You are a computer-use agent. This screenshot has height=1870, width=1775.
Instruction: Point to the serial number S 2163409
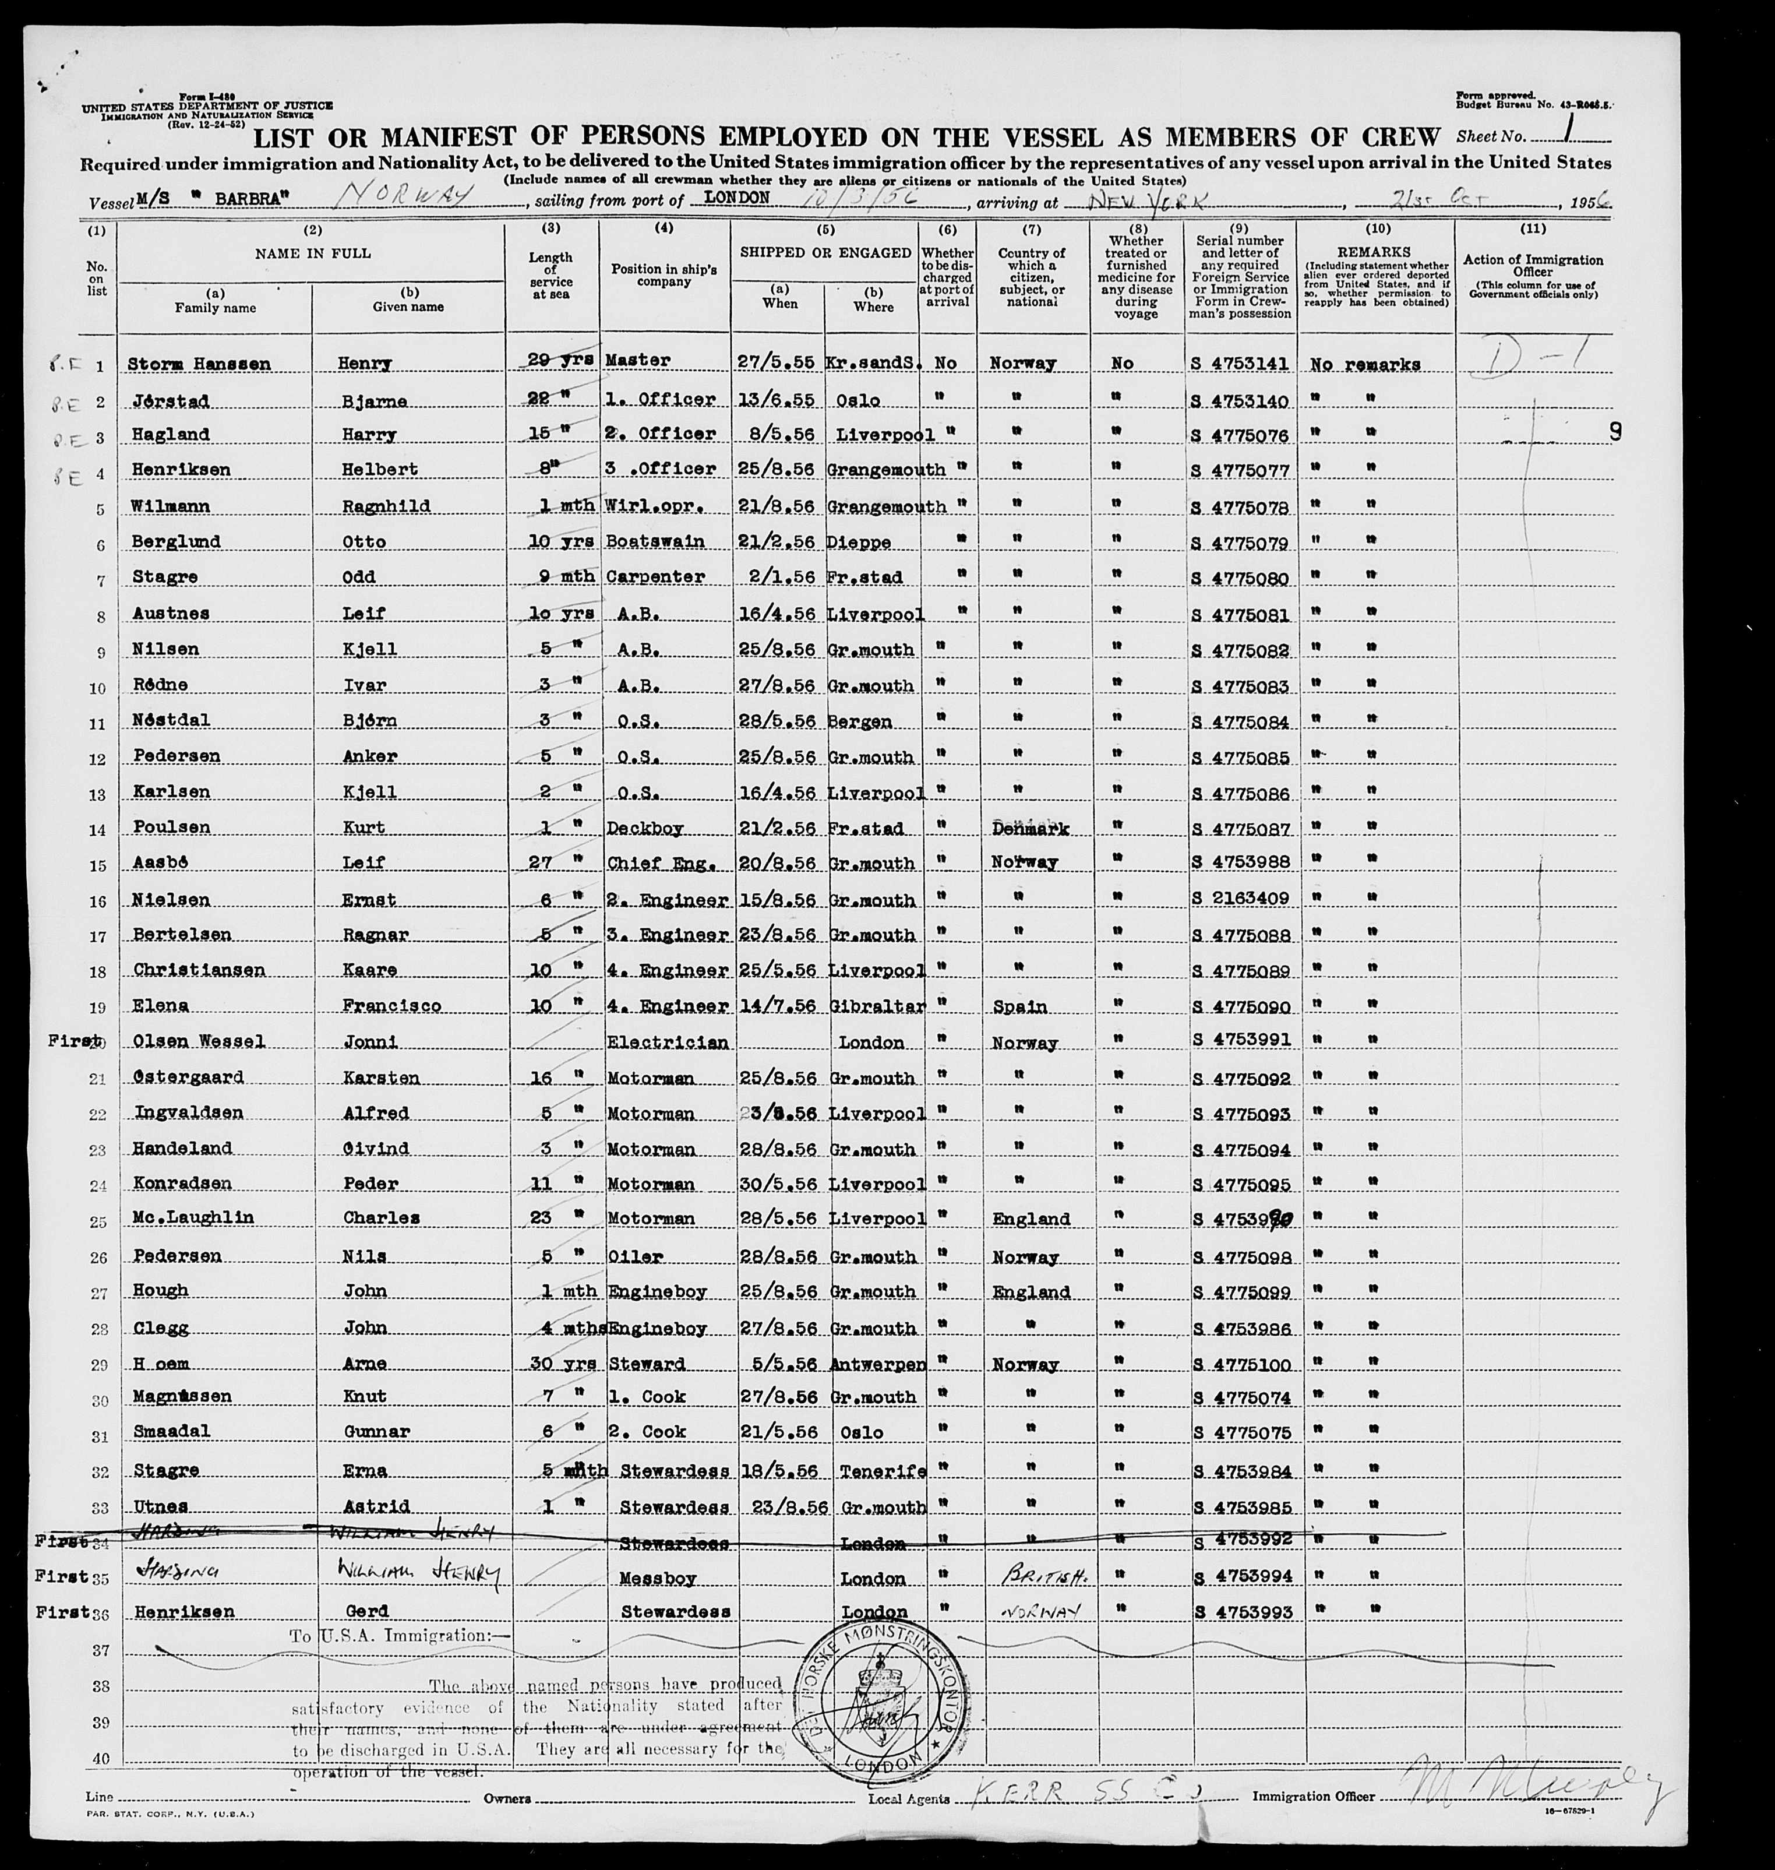pos(1240,898)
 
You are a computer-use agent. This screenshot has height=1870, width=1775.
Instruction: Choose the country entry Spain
pos(1020,1006)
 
